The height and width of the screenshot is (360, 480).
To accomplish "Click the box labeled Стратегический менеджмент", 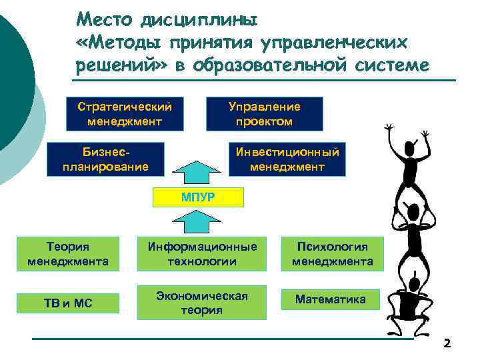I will pos(125,114).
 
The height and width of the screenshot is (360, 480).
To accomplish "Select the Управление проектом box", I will pos(265,114).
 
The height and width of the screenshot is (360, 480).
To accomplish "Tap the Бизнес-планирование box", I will pos(106,159).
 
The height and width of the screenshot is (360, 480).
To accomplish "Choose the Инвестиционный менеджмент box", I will pos(287,159).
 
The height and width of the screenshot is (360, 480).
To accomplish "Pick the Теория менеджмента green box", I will pos(68,254).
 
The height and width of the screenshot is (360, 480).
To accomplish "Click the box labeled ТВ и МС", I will pos(68,304).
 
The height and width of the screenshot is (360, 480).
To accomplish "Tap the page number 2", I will pos(447,344).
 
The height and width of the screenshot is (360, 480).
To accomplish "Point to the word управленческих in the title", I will pos(337,43).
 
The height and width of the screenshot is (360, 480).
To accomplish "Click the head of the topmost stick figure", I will pos(407,148).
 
